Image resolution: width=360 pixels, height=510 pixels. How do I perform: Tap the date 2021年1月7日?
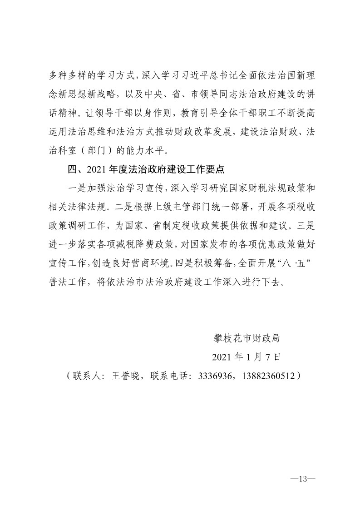pyautogui.click(x=247, y=357)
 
